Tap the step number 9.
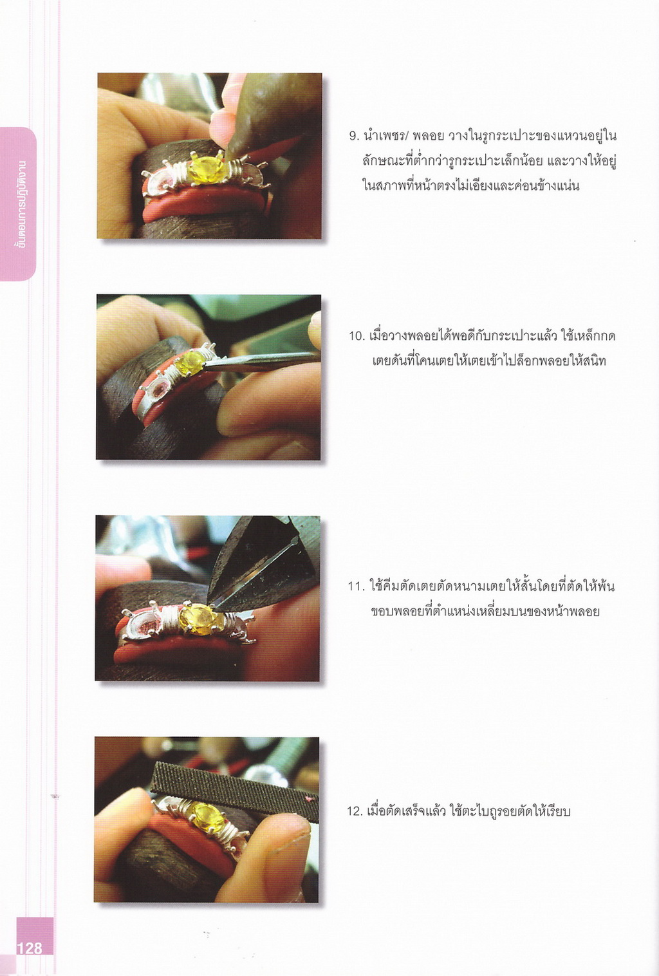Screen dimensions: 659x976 coord(353,136)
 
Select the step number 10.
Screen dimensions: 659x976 coord(356,336)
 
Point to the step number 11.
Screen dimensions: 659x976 coord(355,587)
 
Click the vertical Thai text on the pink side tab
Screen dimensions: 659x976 coord(19,203)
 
